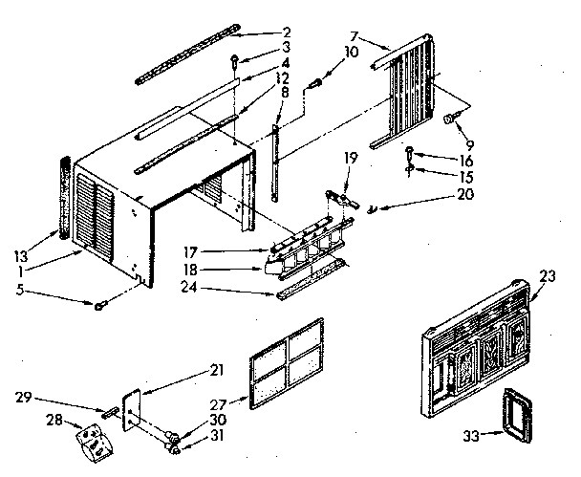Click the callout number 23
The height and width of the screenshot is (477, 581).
[x=548, y=276]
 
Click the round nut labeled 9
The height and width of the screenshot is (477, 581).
[x=448, y=119]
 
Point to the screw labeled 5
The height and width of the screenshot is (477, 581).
[x=99, y=305]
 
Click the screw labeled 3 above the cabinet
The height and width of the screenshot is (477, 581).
[x=233, y=63]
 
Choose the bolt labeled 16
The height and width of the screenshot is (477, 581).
[x=411, y=151]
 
